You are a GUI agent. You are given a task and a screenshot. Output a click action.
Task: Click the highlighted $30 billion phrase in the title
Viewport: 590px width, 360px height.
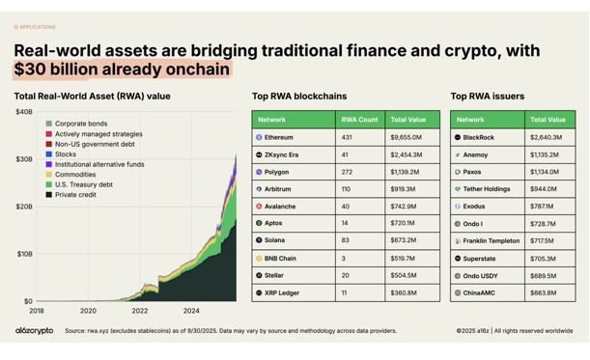[122, 69]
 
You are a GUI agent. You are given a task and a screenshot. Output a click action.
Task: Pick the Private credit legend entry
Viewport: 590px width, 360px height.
[76, 195]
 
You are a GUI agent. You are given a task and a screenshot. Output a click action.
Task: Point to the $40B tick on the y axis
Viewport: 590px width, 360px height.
[23, 113]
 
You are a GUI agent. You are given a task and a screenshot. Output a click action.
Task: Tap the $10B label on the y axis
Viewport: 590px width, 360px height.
[23, 254]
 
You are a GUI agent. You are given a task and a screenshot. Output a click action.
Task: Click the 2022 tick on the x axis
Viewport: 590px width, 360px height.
[140, 311]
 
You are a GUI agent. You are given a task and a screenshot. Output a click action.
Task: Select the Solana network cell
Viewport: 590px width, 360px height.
[280, 239]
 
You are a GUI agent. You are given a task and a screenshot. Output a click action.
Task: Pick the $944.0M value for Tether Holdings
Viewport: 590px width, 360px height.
[548, 189]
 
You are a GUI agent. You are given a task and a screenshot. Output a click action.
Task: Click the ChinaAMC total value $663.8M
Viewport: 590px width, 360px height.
[548, 291]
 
